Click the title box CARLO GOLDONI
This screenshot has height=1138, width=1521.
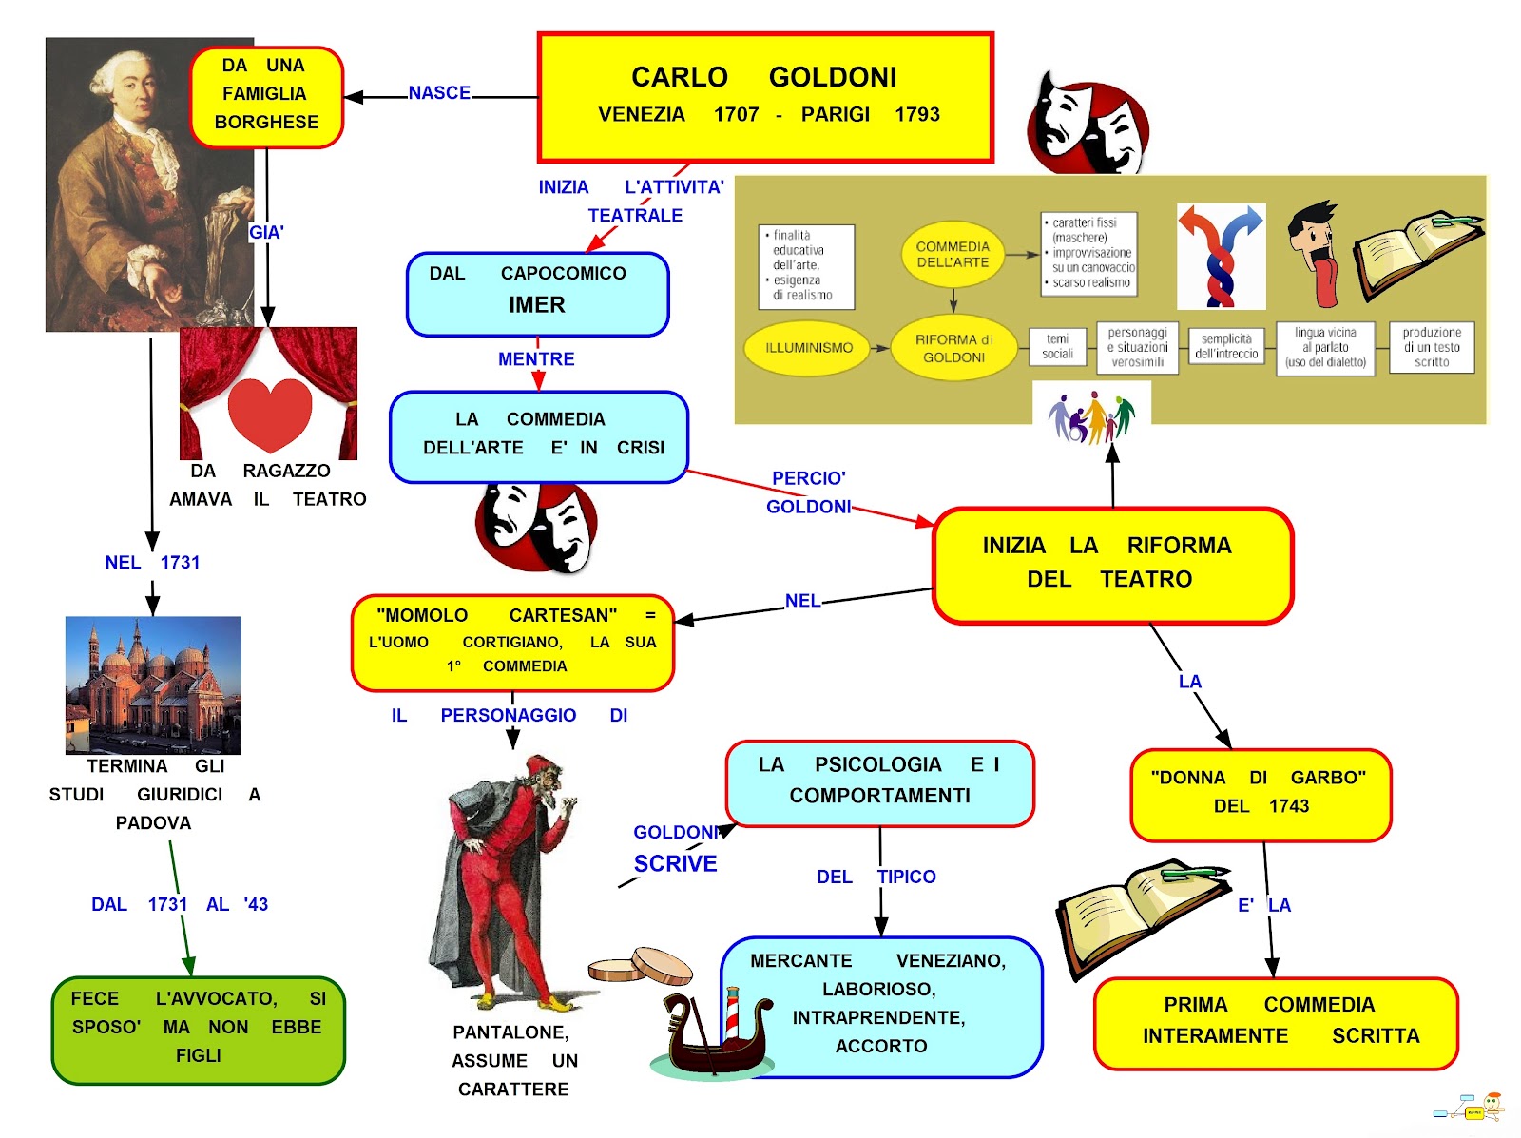(x=765, y=97)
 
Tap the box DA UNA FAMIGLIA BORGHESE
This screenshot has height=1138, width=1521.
(x=266, y=95)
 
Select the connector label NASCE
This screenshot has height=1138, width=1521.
(x=439, y=93)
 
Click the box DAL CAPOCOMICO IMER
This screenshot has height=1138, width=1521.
(x=537, y=293)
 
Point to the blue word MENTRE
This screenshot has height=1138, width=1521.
(x=536, y=359)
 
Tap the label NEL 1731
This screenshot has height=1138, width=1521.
(x=152, y=563)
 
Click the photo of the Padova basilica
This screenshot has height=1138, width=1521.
(x=153, y=685)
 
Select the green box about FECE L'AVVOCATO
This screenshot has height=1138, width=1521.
(x=198, y=1029)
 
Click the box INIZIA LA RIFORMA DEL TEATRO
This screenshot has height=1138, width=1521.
(x=1112, y=564)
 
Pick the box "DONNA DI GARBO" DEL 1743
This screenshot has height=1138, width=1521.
(x=1261, y=794)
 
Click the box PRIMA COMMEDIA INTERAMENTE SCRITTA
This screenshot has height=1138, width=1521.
(x=1276, y=1022)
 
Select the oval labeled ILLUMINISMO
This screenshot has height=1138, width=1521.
(x=809, y=348)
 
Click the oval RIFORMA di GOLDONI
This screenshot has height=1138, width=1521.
(x=953, y=348)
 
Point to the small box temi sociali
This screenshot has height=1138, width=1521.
(x=1057, y=346)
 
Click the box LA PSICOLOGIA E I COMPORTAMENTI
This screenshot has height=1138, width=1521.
(x=879, y=782)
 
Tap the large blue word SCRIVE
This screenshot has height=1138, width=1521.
(x=676, y=863)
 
